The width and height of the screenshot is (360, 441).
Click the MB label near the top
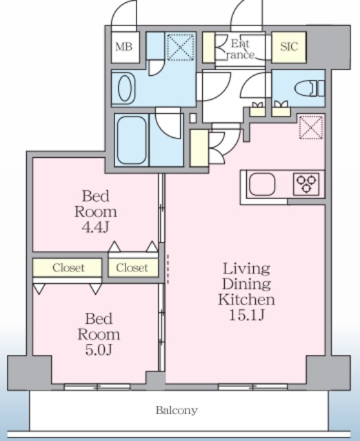click(x=124, y=47)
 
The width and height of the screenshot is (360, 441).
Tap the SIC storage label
click(x=289, y=47)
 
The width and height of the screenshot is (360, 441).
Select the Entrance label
click(x=240, y=49)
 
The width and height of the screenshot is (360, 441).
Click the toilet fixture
click(x=310, y=88)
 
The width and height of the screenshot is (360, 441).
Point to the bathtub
click(x=132, y=140)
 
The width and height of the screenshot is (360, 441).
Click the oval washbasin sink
click(x=124, y=88)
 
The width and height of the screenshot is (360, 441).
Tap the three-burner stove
click(x=306, y=184)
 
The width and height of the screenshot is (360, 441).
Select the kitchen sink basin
click(x=262, y=184)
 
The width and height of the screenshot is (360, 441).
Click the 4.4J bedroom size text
click(x=95, y=227)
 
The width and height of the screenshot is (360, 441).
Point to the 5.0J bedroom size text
click(x=99, y=350)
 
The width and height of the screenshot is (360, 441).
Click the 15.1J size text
click(x=247, y=315)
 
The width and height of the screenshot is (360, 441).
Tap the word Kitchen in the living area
click(x=247, y=299)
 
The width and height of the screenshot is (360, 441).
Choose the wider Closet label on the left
click(x=68, y=268)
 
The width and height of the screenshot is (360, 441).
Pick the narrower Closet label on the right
click(x=132, y=268)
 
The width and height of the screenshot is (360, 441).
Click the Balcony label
click(x=177, y=411)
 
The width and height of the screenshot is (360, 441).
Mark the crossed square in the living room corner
click(x=311, y=127)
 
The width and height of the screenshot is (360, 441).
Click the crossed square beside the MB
click(x=181, y=47)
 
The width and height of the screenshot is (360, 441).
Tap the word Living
click(x=247, y=269)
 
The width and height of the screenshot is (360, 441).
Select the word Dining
click(x=247, y=284)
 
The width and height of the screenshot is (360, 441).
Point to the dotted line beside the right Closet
click(x=168, y=269)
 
